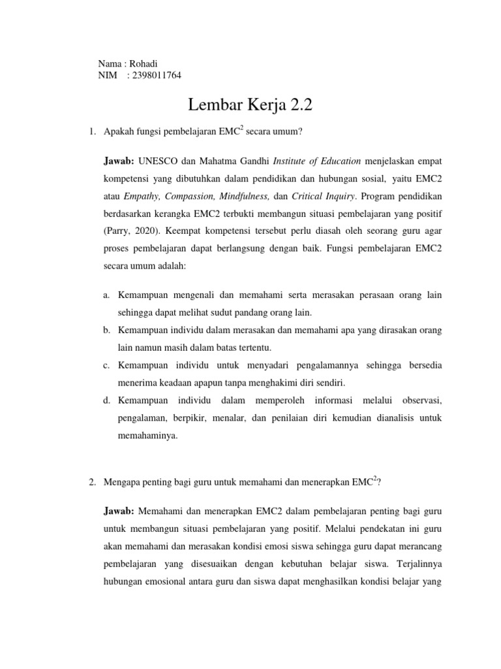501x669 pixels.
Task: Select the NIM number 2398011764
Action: point(157,75)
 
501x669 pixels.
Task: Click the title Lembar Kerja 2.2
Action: point(250,105)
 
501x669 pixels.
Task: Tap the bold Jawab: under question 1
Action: point(119,142)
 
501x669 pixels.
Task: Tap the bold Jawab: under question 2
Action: point(119,508)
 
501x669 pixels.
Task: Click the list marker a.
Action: point(106,295)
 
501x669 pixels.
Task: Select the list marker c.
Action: point(106,363)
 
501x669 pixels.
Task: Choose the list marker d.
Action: point(106,399)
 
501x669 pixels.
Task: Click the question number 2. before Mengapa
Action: point(93,481)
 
